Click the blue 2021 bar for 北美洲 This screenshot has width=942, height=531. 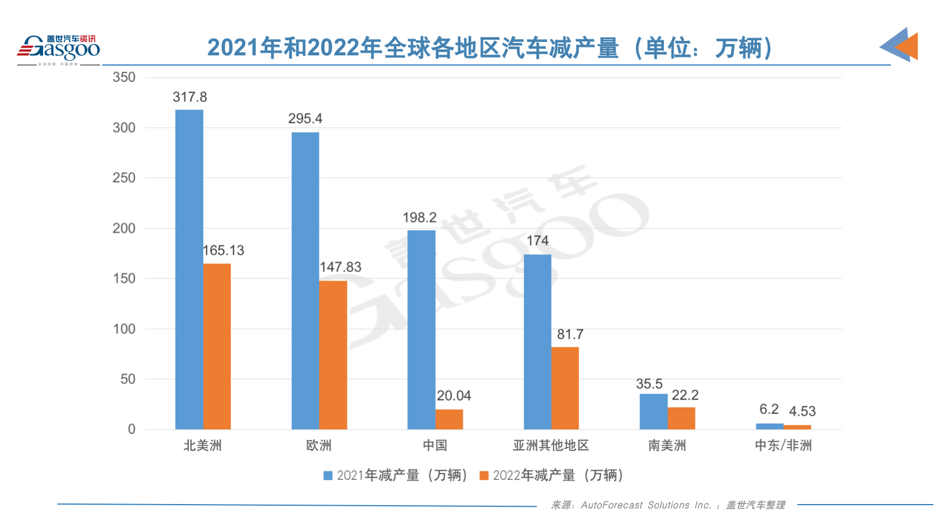click(x=189, y=269)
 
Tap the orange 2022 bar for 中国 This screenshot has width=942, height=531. click(x=449, y=419)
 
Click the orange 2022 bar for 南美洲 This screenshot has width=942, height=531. click(x=681, y=418)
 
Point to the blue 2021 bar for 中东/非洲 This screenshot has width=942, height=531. click(x=769, y=427)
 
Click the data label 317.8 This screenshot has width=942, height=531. click(x=190, y=97)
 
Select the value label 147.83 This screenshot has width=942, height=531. click(x=340, y=267)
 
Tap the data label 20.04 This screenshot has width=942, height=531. click(x=454, y=396)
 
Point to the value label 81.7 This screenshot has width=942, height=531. click(x=570, y=334)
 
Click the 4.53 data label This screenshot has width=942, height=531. click(x=802, y=411)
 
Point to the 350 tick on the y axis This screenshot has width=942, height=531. click(x=124, y=77)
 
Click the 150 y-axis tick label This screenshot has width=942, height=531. click(x=124, y=278)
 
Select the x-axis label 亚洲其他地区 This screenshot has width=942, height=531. click(x=551, y=445)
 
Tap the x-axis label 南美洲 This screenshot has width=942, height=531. click(x=667, y=445)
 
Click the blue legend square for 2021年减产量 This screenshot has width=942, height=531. click(x=328, y=475)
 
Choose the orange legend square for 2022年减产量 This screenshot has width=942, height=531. click(x=484, y=475)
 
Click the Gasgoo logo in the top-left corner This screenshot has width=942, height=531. click(x=59, y=49)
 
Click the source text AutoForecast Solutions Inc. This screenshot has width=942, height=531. click(x=646, y=505)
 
